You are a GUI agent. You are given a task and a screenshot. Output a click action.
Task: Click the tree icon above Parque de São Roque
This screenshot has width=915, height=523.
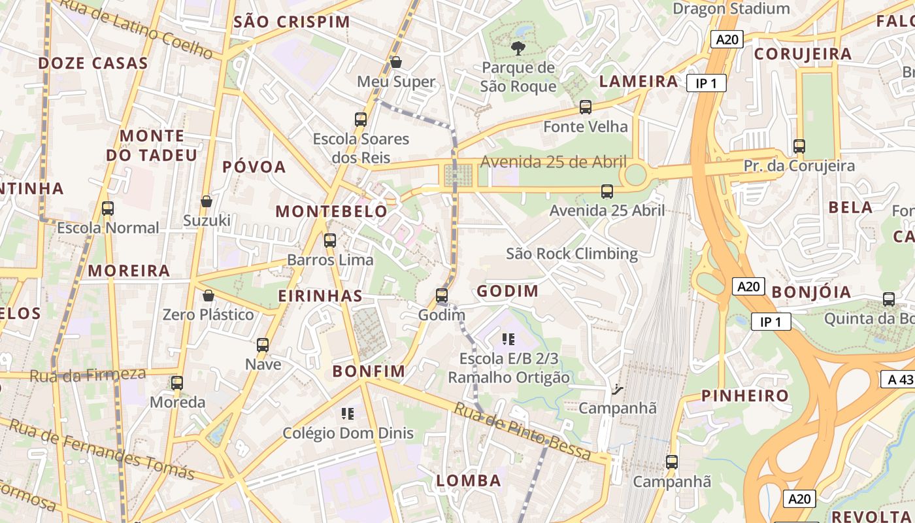click(x=518, y=48)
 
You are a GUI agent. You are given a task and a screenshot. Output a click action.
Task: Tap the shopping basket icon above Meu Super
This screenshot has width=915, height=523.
click(x=395, y=63)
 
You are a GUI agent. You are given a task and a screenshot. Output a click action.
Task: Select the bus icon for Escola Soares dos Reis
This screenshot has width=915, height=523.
click(x=361, y=120)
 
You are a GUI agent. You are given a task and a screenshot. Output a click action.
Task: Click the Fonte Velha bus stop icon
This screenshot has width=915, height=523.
click(x=586, y=107)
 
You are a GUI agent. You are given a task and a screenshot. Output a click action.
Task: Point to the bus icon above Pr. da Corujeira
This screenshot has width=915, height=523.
click(x=799, y=146)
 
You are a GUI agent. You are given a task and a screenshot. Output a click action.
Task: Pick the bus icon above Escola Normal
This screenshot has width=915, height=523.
click(x=108, y=209)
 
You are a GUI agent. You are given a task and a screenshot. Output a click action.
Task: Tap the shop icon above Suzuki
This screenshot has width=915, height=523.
click(x=207, y=201)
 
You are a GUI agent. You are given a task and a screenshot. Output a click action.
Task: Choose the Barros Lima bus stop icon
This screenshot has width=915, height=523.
click(x=330, y=241)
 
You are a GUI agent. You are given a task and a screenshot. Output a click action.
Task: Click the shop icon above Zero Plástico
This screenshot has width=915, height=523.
click(x=208, y=295)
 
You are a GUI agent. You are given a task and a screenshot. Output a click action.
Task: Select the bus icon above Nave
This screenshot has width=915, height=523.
click(x=263, y=345)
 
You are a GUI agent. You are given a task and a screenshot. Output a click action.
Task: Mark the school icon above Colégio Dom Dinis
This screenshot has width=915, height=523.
click(x=348, y=413)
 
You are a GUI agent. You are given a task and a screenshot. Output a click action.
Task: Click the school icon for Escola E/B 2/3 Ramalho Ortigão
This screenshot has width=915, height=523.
click(x=508, y=339)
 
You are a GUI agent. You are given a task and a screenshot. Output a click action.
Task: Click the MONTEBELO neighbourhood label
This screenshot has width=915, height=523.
click(x=331, y=211)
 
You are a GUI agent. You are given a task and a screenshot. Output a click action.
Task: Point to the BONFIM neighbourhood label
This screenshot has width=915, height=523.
click(x=369, y=371)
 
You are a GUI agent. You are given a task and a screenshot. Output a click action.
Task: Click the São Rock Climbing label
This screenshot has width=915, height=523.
click(x=572, y=254)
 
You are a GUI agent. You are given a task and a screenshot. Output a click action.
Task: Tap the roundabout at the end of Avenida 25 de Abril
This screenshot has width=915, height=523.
click(x=635, y=175)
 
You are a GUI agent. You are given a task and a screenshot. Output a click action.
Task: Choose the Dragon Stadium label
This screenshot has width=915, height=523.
click(x=731, y=8)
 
